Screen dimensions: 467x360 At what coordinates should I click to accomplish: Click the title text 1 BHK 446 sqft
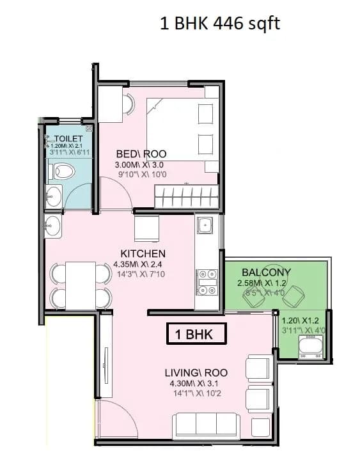(x=219, y=24)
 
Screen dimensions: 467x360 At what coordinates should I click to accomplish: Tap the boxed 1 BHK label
(x=197, y=334)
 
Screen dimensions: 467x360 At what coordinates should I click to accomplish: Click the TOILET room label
(x=68, y=139)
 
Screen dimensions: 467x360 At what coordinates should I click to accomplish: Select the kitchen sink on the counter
(x=205, y=225)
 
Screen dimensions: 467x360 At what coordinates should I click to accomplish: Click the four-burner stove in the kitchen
(x=206, y=282)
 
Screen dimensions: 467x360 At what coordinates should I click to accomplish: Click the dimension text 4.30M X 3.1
(x=196, y=383)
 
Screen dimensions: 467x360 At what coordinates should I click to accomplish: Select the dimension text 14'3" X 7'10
(x=139, y=274)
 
